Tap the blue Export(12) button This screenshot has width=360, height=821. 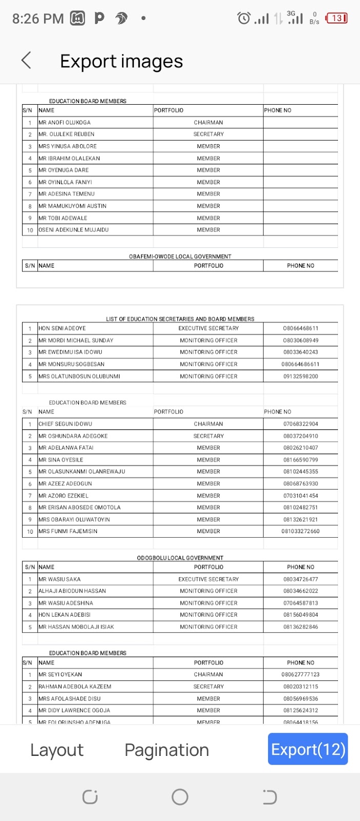[x=308, y=750]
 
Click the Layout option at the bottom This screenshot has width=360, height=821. [x=57, y=750]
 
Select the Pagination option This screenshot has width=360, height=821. [x=167, y=750]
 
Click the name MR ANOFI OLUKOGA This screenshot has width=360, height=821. [x=65, y=123]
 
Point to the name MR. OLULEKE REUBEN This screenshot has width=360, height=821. [x=67, y=134]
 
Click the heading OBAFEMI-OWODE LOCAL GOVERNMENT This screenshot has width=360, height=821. [x=180, y=257]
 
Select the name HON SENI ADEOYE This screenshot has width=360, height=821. [x=62, y=328]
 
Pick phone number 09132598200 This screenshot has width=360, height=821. [x=301, y=377]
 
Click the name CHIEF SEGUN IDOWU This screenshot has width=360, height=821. [x=65, y=424]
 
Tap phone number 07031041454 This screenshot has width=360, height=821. [x=301, y=496]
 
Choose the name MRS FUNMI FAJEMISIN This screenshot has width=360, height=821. [x=68, y=532]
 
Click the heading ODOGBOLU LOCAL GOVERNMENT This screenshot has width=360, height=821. [x=180, y=558]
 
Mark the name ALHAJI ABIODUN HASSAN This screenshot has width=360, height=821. [x=72, y=591]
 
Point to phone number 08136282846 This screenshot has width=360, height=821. [x=301, y=627]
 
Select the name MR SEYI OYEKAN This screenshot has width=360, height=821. [x=61, y=675]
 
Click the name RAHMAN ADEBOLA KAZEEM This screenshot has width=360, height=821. [x=75, y=687]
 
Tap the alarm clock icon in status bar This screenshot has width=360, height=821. [x=244, y=18]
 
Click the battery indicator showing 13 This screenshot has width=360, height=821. [x=336, y=18]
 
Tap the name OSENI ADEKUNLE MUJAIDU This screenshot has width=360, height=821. [x=73, y=230]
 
